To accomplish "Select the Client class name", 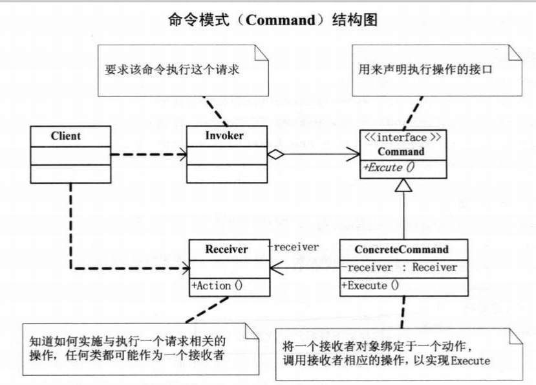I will (65, 136).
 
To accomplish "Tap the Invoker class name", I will (224, 136).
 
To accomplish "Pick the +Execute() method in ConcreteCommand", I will (369, 285).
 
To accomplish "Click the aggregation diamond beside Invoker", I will (275, 154).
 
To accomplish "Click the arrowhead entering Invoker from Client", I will (184, 155).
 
